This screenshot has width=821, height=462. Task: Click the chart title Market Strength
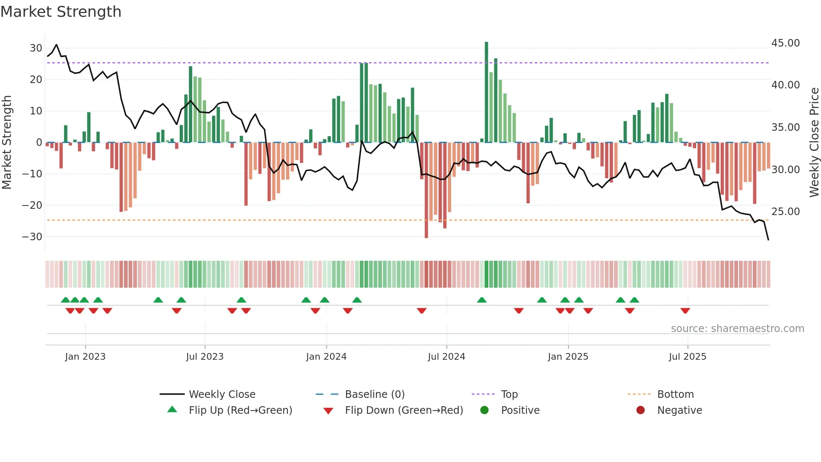61,12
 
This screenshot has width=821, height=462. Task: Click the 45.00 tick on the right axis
785,43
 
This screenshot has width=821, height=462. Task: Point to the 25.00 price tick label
785,212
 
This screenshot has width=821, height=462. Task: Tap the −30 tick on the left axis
32,237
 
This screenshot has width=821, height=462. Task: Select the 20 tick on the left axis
36,80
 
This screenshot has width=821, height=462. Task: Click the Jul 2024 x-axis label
446,357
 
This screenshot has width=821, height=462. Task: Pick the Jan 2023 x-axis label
85,357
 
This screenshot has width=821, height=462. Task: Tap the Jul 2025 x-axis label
687,357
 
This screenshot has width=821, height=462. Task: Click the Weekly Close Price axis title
814,143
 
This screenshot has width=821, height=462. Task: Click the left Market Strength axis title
7,143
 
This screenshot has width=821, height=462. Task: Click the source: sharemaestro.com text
737,329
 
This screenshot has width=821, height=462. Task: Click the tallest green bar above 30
486,92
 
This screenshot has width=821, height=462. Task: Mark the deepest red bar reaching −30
426,191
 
